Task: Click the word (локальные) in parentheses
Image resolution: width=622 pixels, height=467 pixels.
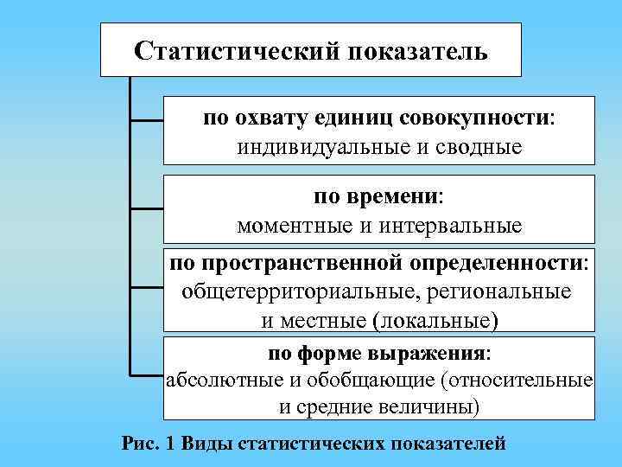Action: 435,319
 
